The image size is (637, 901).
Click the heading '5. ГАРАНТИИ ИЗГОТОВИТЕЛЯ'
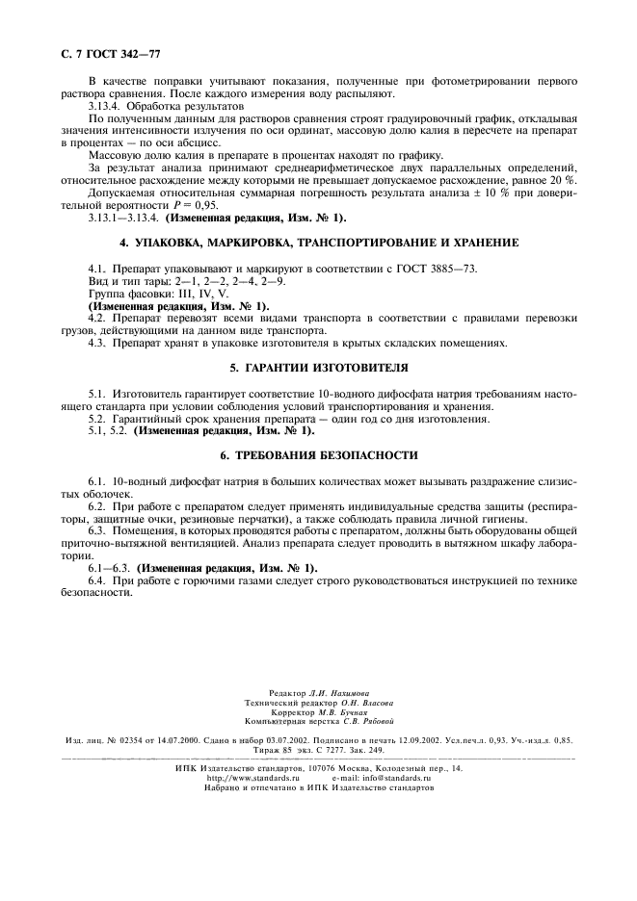click(318, 367)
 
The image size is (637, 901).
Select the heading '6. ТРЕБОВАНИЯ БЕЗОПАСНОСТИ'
click(318, 454)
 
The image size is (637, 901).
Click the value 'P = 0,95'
click(193, 205)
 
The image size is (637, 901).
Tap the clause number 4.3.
click(95, 342)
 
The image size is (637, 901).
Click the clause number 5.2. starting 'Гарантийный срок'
click(96, 419)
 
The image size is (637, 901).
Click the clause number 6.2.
click(95, 506)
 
